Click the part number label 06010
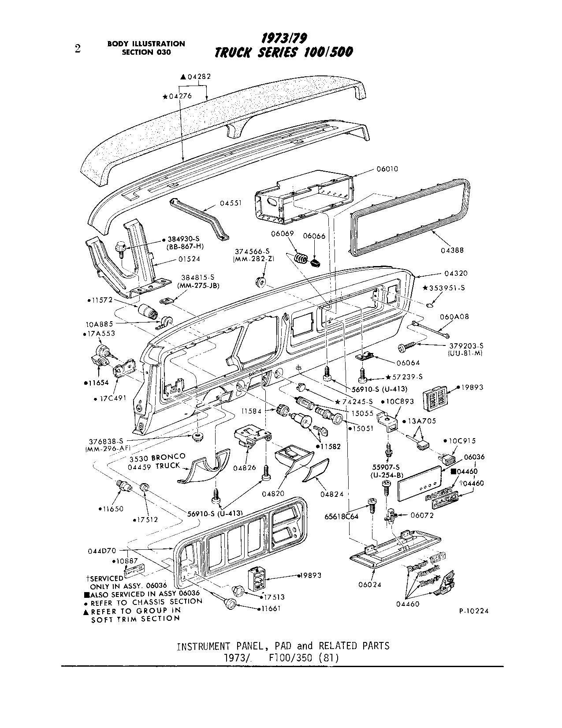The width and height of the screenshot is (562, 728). click(387, 169)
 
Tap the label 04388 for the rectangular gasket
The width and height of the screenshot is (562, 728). click(452, 250)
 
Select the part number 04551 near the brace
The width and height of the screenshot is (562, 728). click(231, 204)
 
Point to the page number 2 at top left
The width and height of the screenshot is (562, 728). click(78, 49)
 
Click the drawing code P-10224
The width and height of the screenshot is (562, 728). click(473, 611)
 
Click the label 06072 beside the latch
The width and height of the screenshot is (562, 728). click(422, 515)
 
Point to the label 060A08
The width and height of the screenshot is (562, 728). click(454, 317)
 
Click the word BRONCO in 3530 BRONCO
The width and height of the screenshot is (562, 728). click(170, 457)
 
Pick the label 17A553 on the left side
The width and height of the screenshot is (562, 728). click(101, 334)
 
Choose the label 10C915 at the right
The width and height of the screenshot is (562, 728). click(462, 441)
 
